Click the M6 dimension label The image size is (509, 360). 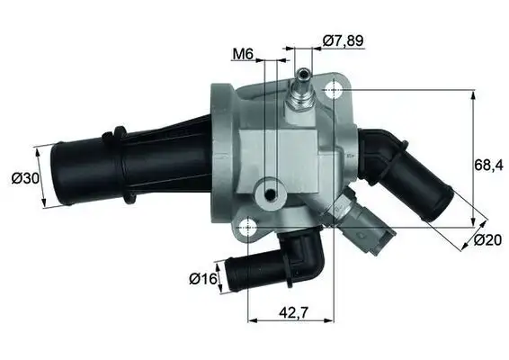pos(242,54)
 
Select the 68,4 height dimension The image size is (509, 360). pos(486,165)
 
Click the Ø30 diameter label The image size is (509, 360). pos(25,178)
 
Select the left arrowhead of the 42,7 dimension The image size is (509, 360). pos(252,318)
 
